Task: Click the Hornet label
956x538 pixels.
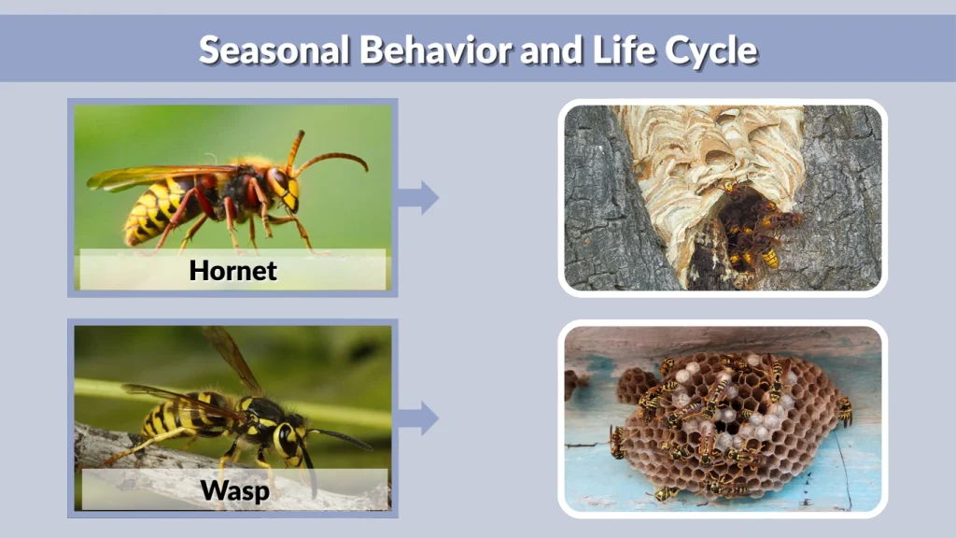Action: point(232,271)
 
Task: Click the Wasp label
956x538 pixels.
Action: point(232,489)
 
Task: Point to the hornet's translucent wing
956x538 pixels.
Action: point(140,177)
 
